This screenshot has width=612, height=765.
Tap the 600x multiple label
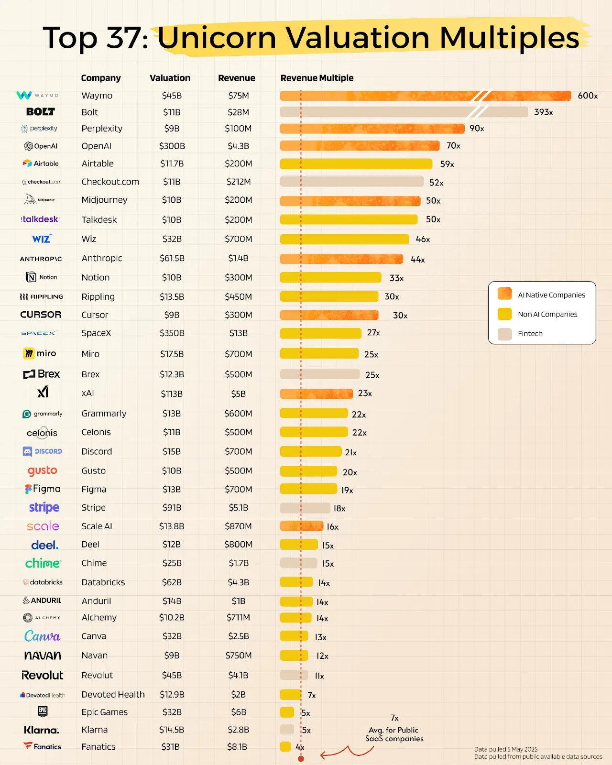(588, 96)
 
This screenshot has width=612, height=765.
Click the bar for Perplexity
(372, 129)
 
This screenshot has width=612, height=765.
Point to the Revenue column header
(237, 78)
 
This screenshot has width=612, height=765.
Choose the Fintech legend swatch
(504, 334)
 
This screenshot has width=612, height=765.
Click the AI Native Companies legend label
(551, 295)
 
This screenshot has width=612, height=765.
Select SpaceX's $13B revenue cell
(238, 333)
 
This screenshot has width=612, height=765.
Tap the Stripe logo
(44, 507)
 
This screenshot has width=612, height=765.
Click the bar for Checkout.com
(351, 182)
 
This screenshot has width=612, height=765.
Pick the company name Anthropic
(102, 258)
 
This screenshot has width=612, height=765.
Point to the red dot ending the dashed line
(301, 758)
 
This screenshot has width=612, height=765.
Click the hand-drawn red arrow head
(323, 755)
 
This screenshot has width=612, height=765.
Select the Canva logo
(43, 636)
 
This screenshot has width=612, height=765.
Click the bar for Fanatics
(285, 746)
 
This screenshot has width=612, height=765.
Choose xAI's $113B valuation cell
(172, 394)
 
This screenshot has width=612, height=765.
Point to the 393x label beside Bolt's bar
(544, 112)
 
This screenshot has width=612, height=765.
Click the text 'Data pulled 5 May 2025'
(506, 749)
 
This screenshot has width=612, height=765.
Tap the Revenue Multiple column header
(317, 78)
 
